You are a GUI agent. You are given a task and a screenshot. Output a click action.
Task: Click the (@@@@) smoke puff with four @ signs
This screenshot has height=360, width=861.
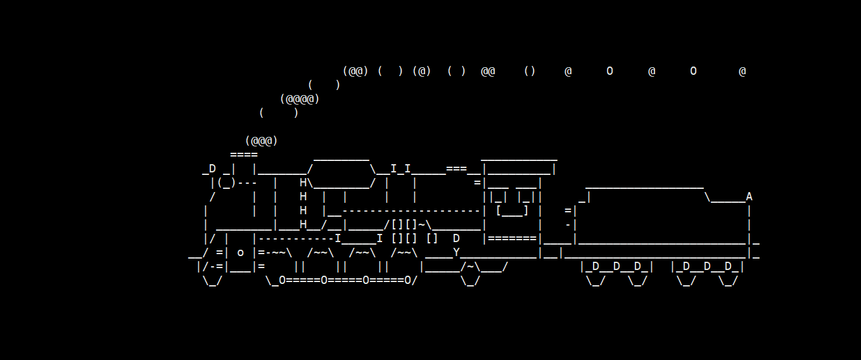coord(300,99)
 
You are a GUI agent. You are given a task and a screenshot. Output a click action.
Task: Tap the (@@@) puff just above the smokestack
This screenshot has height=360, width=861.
coord(262,141)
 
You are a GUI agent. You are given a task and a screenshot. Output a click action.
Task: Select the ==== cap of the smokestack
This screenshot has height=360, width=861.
coord(244,155)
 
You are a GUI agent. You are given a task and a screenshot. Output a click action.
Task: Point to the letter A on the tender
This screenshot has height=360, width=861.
coord(749,196)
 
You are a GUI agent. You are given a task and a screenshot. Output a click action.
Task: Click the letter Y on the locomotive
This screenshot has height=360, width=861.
coord(456,252)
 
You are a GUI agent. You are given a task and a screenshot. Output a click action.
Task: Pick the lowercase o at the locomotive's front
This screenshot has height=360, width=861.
coord(241,252)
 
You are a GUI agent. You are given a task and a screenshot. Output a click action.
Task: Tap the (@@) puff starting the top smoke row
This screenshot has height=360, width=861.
coord(355,71)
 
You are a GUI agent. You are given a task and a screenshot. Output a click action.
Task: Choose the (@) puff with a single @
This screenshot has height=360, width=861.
coord(421,71)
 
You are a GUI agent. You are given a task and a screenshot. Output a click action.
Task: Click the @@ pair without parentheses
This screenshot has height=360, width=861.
coord(488,71)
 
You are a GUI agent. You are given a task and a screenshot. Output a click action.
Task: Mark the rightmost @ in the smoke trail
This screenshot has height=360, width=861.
coord(742,71)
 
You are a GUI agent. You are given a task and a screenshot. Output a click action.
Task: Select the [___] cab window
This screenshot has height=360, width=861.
coord(512,210)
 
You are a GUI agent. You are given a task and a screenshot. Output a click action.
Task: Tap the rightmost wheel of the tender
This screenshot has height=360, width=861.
coord(728,280)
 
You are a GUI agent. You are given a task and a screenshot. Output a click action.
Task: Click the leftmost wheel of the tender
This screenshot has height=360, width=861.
coord(596,280)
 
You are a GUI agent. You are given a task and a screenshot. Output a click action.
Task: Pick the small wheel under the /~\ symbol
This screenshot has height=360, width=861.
coord(470,280)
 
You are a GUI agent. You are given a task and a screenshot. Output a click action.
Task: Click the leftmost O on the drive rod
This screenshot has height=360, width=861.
coord(283,280)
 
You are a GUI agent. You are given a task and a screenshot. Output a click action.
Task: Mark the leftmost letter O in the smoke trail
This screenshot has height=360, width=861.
coord(609,71)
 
